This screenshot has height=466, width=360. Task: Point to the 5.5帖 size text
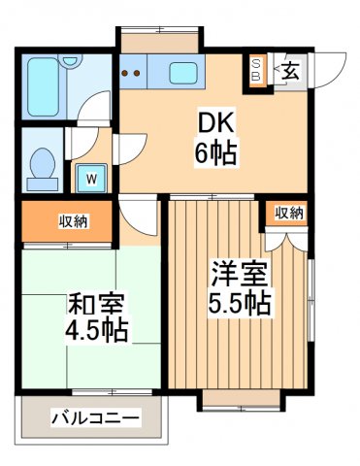pyautogui.click(x=238, y=302)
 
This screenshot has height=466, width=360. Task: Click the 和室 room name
pyautogui.click(x=90, y=304)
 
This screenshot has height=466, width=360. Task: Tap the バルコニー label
pyautogui.click(x=95, y=418)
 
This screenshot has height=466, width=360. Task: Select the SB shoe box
pyautogui.click(x=257, y=70)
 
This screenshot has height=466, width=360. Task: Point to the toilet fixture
pyautogui.click(x=44, y=167)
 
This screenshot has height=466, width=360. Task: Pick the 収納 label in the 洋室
pyautogui.click(x=287, y=213)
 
